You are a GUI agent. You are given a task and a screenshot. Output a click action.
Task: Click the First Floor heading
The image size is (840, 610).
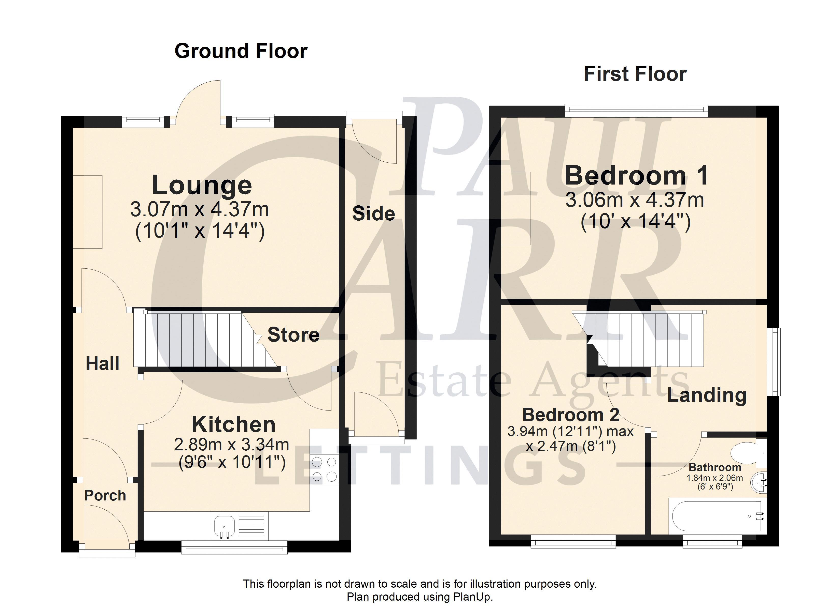tap(635, 74)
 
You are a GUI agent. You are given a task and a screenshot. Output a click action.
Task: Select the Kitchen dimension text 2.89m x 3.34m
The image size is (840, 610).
tap(231, 444)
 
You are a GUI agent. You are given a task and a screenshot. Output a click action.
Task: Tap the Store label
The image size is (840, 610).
tap(293, 335)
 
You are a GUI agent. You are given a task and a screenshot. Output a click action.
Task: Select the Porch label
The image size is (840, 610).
tap(105, 495)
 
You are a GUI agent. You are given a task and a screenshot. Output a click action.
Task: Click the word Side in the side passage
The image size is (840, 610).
tap(373, 213)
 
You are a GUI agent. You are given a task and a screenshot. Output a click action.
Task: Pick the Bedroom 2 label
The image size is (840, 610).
tap(571, 415)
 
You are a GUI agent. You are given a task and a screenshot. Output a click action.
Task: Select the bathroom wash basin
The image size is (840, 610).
tap(759, 482)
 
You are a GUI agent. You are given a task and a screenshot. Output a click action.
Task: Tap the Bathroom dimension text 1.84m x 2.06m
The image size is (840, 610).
tap(715, 478)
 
